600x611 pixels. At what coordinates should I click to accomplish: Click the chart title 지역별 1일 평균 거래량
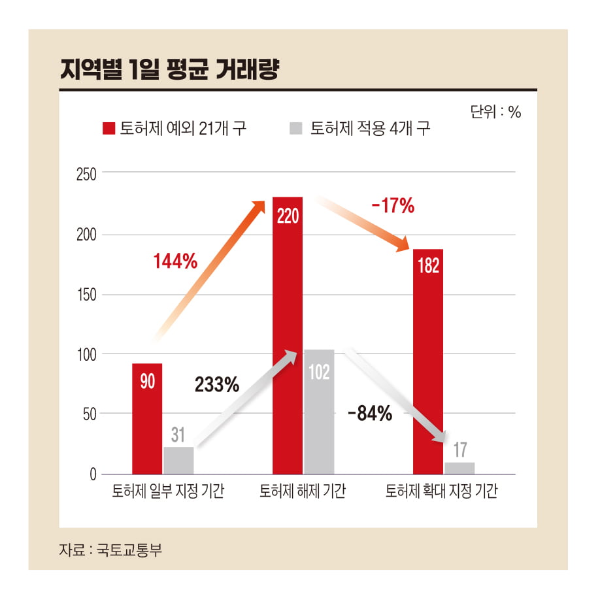coord(169,70)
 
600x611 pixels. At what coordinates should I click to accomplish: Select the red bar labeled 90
coord(147,418)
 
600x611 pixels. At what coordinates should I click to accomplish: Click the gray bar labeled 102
coord(319,412)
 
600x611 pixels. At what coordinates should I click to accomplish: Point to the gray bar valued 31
coord(178,460)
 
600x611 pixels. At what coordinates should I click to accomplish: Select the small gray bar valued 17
coord(459,467)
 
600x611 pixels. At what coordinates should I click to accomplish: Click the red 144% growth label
coord(175,261)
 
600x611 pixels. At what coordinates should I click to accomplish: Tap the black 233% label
coord(217,385)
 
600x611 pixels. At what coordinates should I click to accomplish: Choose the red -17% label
coord(393,206)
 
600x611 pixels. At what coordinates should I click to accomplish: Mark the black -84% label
coord(370,413)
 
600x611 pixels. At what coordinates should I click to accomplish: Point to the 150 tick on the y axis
coord(86,295)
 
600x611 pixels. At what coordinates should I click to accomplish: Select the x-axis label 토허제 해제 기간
coord(303,491)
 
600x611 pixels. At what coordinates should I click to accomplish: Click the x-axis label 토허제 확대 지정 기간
coord(442,491)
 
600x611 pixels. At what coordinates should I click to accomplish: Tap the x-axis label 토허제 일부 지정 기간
coord(168,491)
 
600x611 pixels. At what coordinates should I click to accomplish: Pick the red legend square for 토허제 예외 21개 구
coord(108,128)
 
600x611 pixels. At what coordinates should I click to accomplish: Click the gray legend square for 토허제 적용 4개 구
coord(296,128)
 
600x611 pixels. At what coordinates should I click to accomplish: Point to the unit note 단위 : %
coord(495,112)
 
